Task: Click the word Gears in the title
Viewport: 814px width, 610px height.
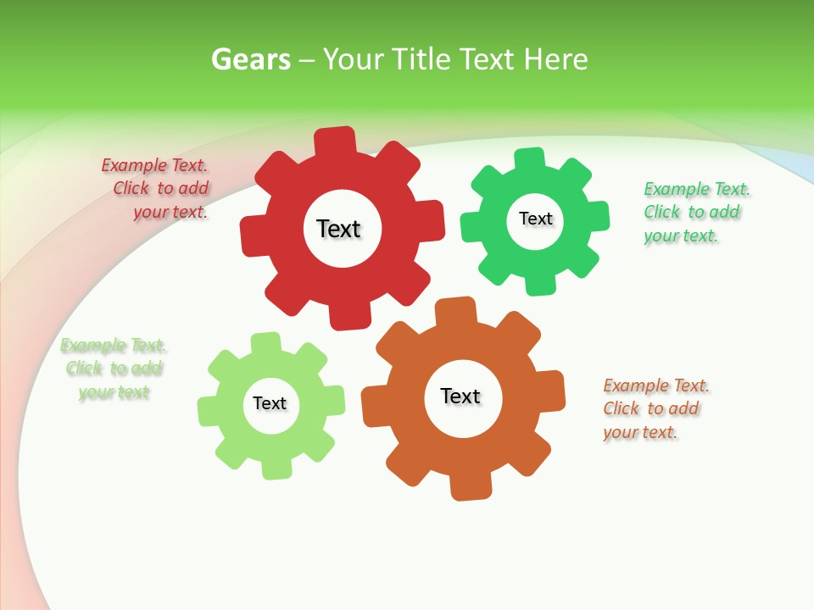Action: click(x=250, y=60)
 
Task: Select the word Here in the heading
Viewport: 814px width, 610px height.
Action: click(x=555, y=60)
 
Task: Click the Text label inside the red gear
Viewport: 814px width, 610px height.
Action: click(x=338, y=229)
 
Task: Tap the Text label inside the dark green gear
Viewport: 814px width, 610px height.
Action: click(x=535, y=219)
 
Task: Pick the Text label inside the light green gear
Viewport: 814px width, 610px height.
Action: click(x=270, y=404)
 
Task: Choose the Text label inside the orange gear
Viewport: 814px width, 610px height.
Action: click(x=460, y=396)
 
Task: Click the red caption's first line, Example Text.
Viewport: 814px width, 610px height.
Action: click(x=154, y=166)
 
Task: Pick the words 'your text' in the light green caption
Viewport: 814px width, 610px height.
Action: click(x=114, y=392)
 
